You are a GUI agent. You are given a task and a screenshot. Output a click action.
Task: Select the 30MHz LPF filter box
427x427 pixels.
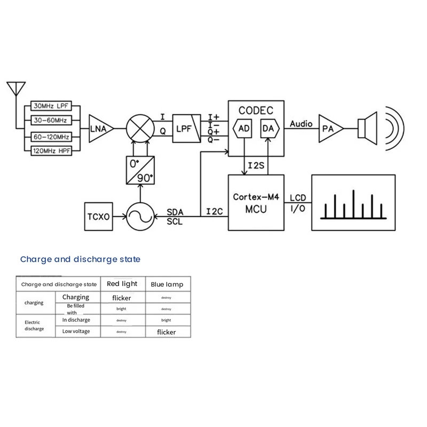[52, 106]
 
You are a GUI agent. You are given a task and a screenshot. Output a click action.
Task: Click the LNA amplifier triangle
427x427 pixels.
[100, 129]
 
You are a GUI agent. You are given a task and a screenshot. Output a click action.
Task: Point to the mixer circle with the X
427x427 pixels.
[140, 129]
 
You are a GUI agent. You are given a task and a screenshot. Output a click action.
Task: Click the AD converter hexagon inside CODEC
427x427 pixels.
[243, 128]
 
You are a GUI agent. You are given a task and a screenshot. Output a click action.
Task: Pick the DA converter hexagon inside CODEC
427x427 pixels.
[268, 128]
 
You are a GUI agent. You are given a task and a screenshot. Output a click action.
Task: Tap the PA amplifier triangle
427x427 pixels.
[329, 129]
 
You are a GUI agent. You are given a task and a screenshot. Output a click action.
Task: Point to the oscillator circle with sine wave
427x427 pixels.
[140, 217]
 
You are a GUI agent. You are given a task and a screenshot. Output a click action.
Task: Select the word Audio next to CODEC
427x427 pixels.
[301, 124]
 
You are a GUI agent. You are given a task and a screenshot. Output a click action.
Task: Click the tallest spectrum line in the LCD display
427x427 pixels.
[353, 204]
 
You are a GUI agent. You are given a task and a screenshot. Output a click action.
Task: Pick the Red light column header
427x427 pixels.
[122, 284]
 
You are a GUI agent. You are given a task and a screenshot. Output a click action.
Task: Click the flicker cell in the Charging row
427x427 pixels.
[122, 298]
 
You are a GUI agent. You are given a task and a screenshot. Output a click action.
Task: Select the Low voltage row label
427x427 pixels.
[76, 331]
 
